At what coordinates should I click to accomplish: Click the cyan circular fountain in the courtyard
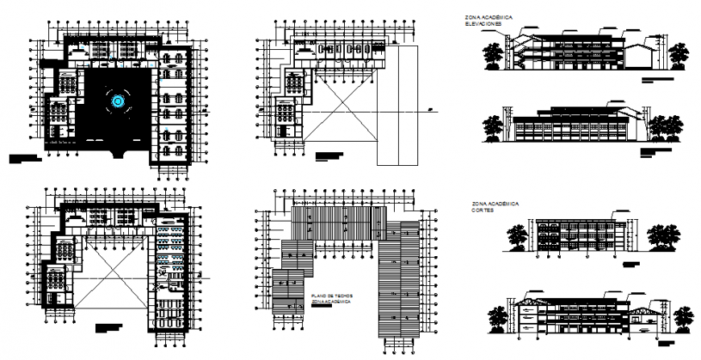[x=119, y=101]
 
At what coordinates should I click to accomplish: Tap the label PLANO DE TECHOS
[x=326, y=298]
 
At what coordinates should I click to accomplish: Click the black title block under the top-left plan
[x=24, y=159]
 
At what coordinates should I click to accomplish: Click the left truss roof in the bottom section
[x=529, y=304]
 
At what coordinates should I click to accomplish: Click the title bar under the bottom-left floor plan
[x=110, y=328]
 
